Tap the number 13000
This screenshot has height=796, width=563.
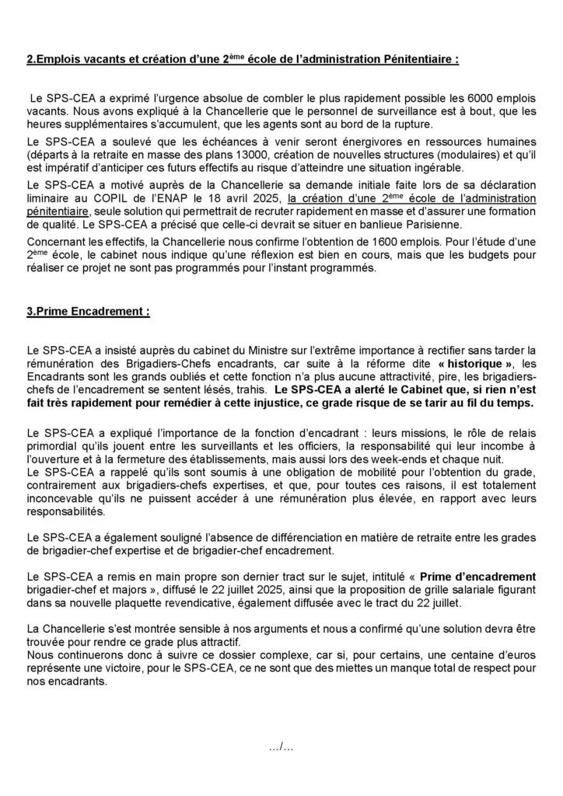click(236, 155)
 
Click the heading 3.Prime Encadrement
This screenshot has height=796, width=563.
click(88, 312)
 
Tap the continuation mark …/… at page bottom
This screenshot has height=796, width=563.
click(281, 747)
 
